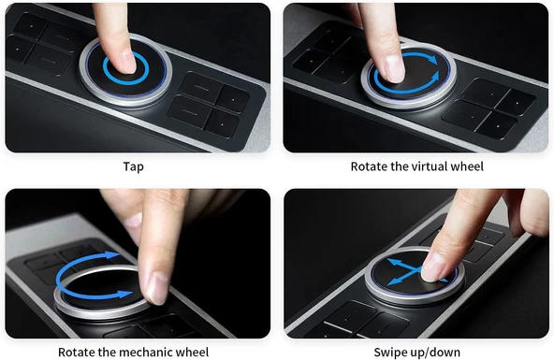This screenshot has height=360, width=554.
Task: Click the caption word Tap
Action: click(134, 166)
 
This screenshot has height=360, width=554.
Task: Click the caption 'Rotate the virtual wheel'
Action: click(417, 166)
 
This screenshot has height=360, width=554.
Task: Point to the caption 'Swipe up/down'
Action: click(417, 353)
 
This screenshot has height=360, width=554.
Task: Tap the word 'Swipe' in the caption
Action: click(392, 353)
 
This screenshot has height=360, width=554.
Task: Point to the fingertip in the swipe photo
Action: click(433, 269)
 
